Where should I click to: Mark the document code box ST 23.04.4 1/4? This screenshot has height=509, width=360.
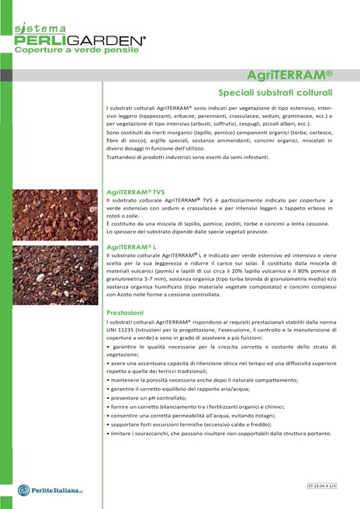tap(327, 484)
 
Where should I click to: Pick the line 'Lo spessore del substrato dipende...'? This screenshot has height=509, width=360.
tap(197, 231)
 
